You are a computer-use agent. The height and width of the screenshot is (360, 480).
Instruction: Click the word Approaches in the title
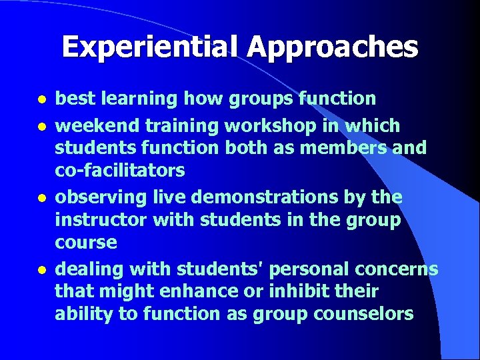click(333, 47)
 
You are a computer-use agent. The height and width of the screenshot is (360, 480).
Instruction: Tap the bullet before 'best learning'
click(41, 100)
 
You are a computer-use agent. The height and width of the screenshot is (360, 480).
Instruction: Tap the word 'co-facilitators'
click(120, 171)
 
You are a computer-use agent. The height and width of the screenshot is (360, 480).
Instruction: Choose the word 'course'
click(86, 243)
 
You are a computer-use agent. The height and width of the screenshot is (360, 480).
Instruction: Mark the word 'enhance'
click(189, 291)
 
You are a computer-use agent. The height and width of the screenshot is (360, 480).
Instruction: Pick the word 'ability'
click(84, 314)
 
